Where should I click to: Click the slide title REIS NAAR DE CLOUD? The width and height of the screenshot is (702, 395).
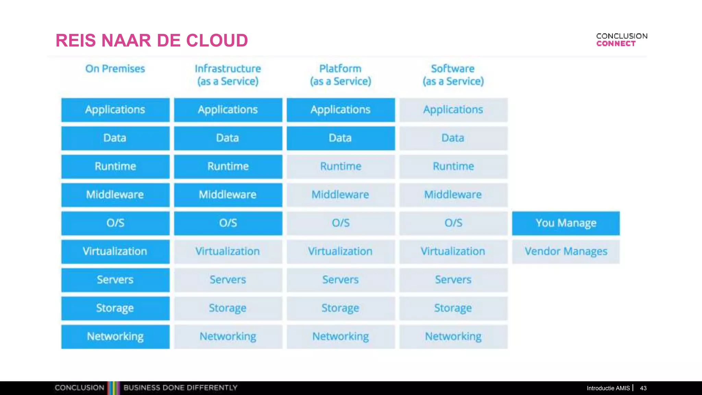(x=152, y=40)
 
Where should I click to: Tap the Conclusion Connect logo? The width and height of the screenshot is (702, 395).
(x=621, y=40)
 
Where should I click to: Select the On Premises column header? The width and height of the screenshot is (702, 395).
(x=115, y=69)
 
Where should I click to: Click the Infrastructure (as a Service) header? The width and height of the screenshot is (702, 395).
(x=228, y=75)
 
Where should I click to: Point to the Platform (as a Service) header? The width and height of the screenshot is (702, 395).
(x=340, y=75)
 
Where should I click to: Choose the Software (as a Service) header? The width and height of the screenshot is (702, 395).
(x=453, y=75)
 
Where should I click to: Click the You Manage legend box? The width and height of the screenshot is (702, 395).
(x=566, y=223)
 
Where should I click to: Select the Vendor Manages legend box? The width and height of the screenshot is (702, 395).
(x=566, y=251)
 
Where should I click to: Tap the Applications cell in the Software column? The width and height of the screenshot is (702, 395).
(x=453, y=110)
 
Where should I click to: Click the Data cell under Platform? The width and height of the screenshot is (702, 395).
(x=340, y=138)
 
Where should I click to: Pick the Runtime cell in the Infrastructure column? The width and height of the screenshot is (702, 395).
(x=228, y=167)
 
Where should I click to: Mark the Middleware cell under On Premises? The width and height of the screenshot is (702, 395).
(x=115, y=195)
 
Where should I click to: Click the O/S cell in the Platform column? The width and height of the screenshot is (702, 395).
(x=340, y=223)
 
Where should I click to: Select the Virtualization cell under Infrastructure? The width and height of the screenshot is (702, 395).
(x=228, y=251)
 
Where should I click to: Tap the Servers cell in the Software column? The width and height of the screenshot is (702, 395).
(x=453, y=280)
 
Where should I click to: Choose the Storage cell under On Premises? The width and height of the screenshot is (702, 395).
(x=115, y=308)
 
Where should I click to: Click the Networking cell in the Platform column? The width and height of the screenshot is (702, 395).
(x=340, y=336)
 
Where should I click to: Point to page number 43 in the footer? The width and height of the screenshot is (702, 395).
(x=643, y=388)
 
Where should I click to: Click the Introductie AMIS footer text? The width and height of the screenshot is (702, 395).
(x=608, y=388)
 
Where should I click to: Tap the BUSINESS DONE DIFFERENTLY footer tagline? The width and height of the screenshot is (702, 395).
(x=180, y=388)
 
